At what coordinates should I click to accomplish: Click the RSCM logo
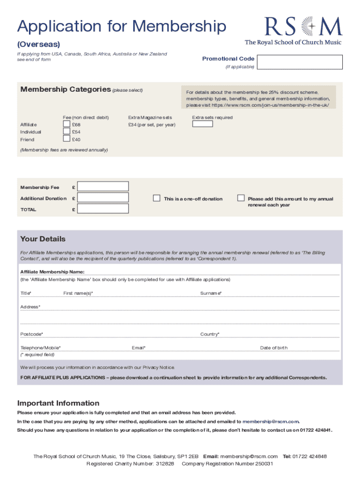[x=293, y=30]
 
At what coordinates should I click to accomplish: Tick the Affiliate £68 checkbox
[x=66, y=124]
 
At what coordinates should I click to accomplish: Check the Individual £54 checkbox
[x=66, y=132]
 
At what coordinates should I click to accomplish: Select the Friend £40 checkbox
[x=66, y=139]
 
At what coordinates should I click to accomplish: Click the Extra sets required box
[x=202, y=124]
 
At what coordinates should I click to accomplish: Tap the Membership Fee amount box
[x=103, y=187]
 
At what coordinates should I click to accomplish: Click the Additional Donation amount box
[x=103, y=198]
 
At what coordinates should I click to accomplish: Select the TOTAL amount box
[x=103, y=209]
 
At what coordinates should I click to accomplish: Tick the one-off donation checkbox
[x=157, y=198]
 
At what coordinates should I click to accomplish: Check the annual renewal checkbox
[x=241, y=198]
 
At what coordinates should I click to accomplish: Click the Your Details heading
[x=43, y=239]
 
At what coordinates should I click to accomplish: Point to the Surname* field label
[x=211, y=293]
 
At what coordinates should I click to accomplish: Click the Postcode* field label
[x=31, y=334]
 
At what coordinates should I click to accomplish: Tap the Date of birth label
[x=274, y=348]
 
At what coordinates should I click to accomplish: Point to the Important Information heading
[x=58, y=403]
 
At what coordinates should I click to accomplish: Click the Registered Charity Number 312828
[x=130, y=464]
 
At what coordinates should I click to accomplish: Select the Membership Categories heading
[x=65, y=89]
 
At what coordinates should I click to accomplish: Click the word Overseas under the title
[x=39, y=44]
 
